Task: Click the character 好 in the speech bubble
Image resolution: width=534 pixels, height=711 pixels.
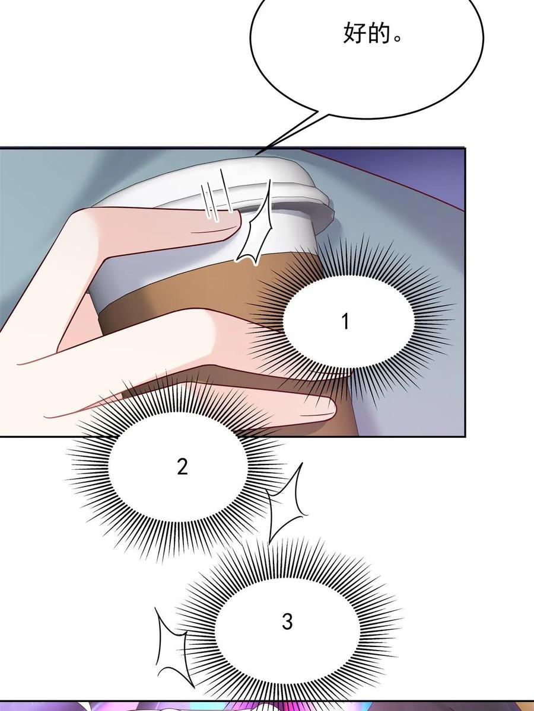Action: (x=355, y=33)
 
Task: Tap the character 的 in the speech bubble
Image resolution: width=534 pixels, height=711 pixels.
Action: (x=380, y=33)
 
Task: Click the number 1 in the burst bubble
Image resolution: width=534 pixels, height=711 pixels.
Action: (x=346, y=321)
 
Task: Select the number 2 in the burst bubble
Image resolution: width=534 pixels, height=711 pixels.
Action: (x=182, y=467)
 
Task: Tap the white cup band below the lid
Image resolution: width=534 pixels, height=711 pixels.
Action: (x=195, y=259)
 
